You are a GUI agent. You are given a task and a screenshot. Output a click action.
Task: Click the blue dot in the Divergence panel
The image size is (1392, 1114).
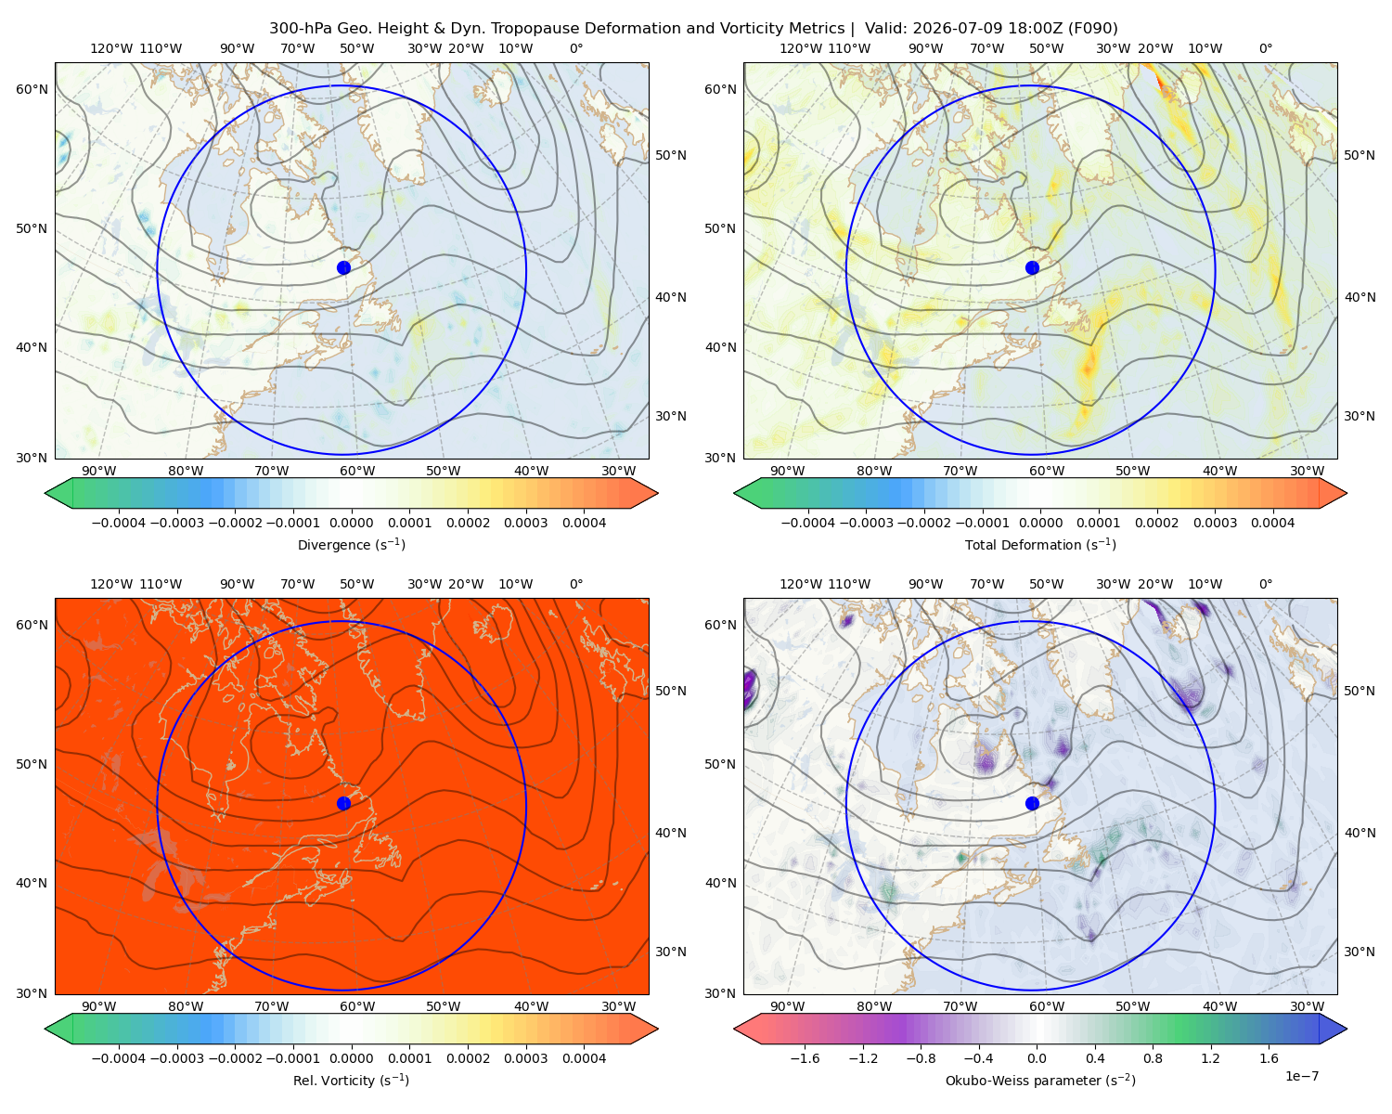tap(343, 267)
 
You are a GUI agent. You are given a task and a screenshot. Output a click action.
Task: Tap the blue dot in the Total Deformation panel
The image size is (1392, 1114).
tap(1032, 267)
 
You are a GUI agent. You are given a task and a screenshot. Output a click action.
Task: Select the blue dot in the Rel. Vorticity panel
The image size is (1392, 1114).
tap(343, 803)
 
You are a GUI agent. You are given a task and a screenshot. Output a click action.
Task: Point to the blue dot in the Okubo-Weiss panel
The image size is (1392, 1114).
tap(1032, 803)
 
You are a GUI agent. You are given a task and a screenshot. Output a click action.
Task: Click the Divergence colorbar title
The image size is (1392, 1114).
tap(351, 544)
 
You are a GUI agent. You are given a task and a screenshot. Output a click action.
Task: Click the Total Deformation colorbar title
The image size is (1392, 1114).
tap(1040, 544)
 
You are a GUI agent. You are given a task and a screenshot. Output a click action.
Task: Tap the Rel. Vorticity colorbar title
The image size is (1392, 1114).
tap(351, 1080)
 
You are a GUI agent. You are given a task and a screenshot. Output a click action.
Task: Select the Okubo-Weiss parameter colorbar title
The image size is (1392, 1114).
tap(1040, 1080)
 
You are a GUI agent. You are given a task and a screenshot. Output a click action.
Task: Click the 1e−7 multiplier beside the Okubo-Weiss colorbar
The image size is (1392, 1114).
tap(1301, 1076)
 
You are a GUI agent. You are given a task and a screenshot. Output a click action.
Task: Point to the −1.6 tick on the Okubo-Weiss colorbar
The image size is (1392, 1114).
tap(805, 1057)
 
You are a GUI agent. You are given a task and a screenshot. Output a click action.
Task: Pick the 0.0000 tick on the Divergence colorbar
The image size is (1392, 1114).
tap(351, 523)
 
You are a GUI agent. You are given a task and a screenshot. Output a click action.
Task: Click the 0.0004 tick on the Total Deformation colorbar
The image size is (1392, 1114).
tap(1272, 523)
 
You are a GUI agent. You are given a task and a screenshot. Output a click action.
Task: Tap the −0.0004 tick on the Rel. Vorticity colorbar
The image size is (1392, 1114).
tap(119, 1057)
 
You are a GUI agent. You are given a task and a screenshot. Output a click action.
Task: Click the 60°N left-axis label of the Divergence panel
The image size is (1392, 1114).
tap(32, 89)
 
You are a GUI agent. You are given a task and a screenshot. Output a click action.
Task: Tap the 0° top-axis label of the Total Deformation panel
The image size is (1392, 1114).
tap(1265, 48)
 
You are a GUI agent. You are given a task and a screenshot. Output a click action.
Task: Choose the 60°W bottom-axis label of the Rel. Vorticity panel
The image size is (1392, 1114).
tap(357, 1006)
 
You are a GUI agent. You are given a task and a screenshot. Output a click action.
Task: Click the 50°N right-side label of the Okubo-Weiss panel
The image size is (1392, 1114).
tap(1360, 690)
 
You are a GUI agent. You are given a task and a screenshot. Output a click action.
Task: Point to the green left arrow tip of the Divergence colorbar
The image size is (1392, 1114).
tap(45, 493)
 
